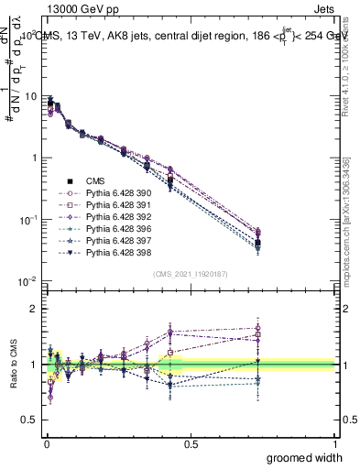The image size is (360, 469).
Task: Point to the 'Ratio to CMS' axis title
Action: pos(12,362)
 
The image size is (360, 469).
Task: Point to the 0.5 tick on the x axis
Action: pos(191,443)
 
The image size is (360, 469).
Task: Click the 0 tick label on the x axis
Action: pos(46,443)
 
